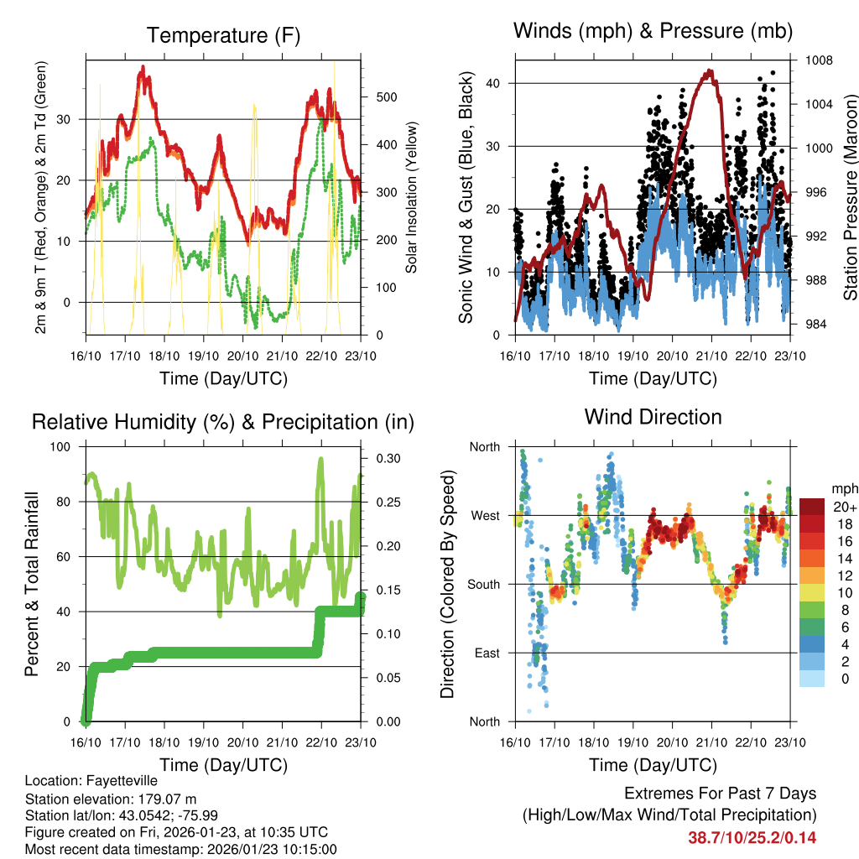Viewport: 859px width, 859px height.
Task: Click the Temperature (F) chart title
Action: click(223, 35)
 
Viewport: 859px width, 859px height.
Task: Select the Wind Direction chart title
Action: click(653, 416)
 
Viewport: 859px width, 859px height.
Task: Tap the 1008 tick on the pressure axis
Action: click(818, 60)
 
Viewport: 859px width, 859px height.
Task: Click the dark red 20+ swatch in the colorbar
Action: click(811, 506)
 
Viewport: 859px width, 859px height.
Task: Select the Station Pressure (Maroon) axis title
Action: click(849, 198)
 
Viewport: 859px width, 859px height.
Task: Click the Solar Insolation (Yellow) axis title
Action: click(411, 198)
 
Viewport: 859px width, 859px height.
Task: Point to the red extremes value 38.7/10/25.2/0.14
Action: click(752, 837)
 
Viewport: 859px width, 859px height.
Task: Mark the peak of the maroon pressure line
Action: click(711, 71)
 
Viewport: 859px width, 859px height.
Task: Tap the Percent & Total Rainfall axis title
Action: click(32, 584)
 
